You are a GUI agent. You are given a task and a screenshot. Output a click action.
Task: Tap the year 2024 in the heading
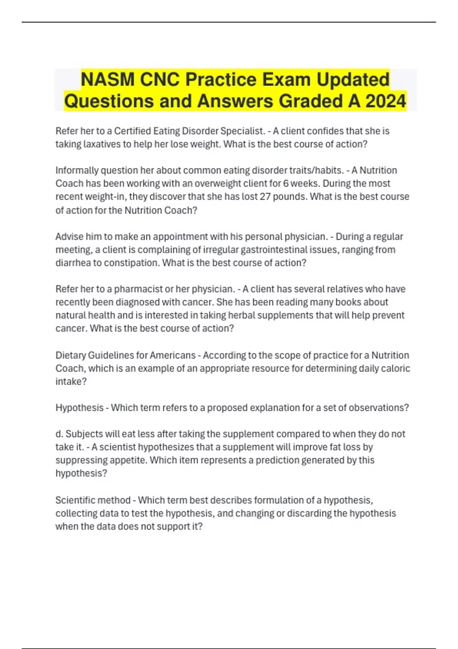[386, 101]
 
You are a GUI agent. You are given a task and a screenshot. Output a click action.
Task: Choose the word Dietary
[71, 355]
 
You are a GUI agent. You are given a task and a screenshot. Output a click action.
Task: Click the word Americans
[173, 355]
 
